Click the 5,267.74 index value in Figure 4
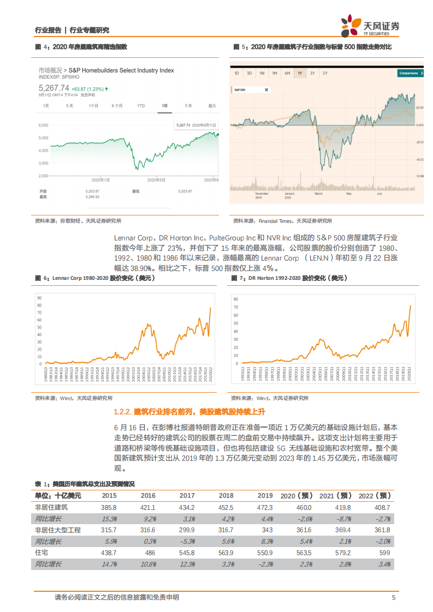click(x=54, y=88)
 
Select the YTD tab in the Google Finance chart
click(x=141, y=105)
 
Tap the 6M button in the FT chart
click(x=287, y=73)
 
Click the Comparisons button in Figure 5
click(x=410, y=73)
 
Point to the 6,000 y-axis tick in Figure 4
click(x=44, y=125)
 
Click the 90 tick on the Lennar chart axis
click(x=39, y=297)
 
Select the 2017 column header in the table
click(x=187, y=496)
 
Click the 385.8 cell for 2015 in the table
click(x=109, y=507)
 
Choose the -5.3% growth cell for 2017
click(x=187, y=542)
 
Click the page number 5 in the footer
click(x=393, y=597)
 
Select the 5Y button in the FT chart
click(x=325, y=73)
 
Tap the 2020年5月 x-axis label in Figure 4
click(x=157, y=179)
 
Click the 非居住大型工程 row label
click(x=58, y=530)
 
